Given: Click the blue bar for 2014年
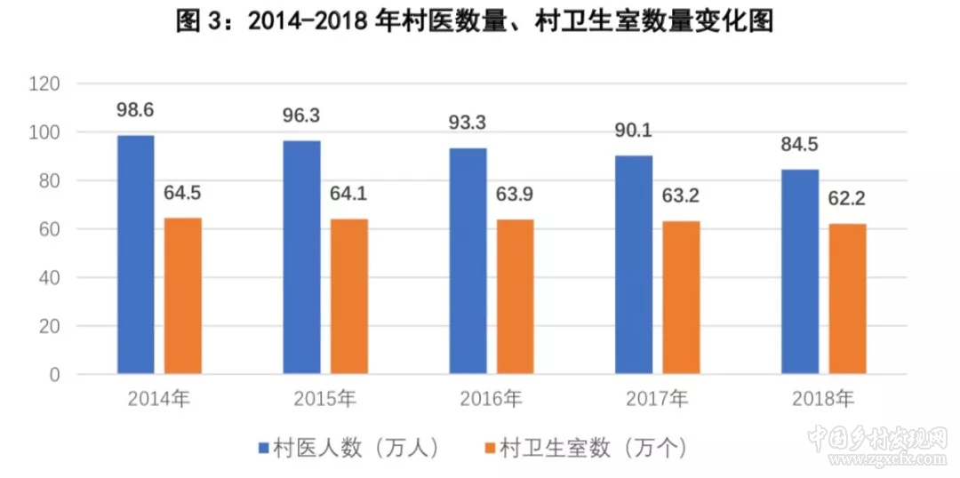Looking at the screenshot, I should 136,254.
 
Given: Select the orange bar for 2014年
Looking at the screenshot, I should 183,296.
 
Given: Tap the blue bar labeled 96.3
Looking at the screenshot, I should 302,257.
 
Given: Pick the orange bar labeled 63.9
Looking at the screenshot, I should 516,297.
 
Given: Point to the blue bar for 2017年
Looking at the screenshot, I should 634,265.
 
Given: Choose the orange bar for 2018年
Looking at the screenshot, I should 847,299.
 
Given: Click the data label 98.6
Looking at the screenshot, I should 135,110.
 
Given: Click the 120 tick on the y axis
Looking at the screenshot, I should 44,84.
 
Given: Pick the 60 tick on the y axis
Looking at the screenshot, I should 49,229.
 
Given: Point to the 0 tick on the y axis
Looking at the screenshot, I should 54,375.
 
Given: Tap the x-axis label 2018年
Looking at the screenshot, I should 823,400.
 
